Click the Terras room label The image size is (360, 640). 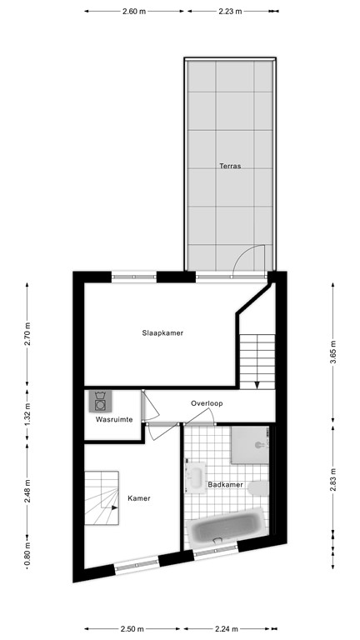(230, 166)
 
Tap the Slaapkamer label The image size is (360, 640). (162, 332)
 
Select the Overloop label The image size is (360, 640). (207, 403)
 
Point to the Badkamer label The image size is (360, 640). (225, 484)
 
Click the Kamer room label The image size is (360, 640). (138, 498)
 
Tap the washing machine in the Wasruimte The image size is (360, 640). (101, 402)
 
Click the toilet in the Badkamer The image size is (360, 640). (261, 488)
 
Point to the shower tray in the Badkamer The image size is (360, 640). (249, 445)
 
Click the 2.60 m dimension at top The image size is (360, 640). (133, 12)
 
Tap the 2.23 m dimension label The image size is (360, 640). (230, 12)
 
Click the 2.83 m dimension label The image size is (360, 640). (333, 483)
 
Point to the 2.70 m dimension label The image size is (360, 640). (27, 333)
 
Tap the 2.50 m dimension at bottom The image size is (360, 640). (131, 629)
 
